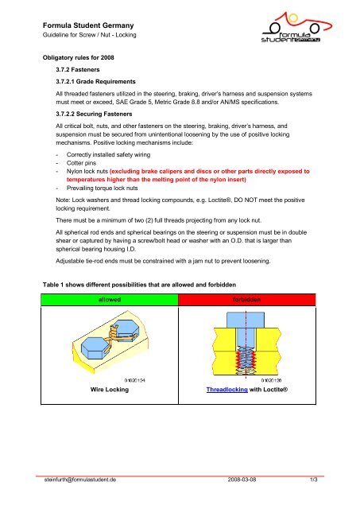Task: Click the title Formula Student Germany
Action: click(88, 25)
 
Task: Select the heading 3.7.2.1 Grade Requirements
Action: click(95, 81)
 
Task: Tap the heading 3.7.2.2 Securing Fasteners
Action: click(94, 114)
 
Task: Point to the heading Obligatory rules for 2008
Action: click(79, 57)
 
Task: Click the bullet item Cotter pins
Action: click(81, 163)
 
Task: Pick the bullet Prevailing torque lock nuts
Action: click(103, 188)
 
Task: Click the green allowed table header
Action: click(110, 300)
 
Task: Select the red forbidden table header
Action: click(247, 300)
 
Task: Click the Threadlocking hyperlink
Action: click(227, 390)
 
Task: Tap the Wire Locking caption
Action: click(110, 389)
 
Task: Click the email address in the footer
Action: click(80, 480)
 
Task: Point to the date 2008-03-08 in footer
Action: click(242, 480)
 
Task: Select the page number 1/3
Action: click(314, 480)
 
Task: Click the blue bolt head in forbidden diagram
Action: click(246, 320)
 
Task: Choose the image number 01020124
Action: click(135, 380)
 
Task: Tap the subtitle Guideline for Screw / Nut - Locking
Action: click(90, 35)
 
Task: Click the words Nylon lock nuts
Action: click(87, 171)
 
